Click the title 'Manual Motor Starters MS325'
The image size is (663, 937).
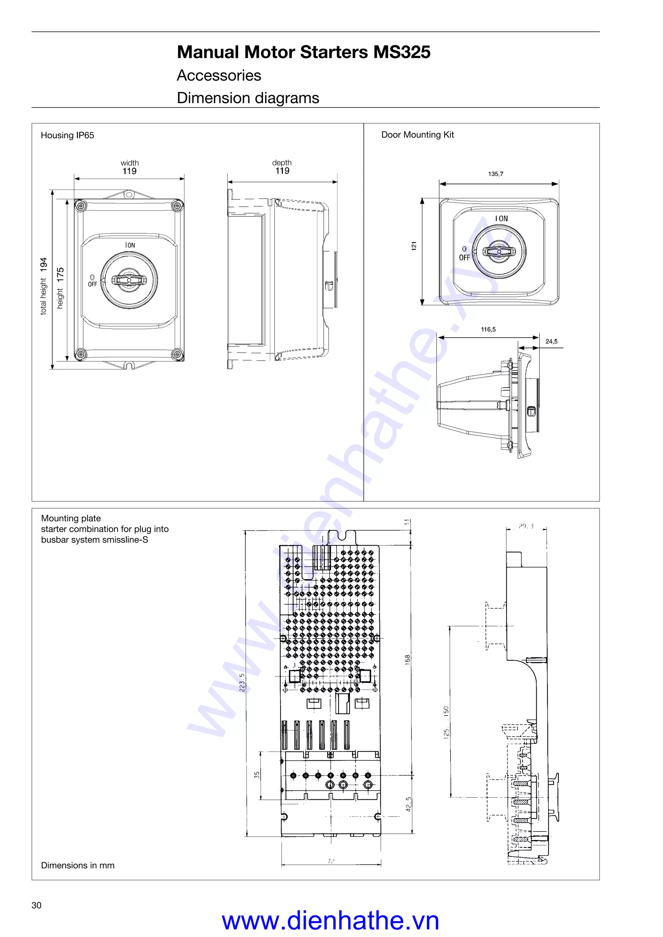[303, 52]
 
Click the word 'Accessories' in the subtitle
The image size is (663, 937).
[219, 75]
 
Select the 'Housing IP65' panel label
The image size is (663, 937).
[67, 135]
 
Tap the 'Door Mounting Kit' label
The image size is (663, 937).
[417, 135]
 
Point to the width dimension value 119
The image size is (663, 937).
[129, 171]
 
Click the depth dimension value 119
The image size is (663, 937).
[282, 171]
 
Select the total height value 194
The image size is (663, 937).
[44, 264]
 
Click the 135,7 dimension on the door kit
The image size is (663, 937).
[496, 174]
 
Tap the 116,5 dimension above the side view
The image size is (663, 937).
[488, 329]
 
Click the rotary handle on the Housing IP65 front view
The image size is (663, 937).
[129, 280]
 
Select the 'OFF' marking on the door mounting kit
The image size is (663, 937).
[464, 258]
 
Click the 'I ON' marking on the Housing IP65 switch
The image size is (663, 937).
[130, 245]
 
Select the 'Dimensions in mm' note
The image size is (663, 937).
[78, 865]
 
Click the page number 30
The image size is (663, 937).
[36, 905]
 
